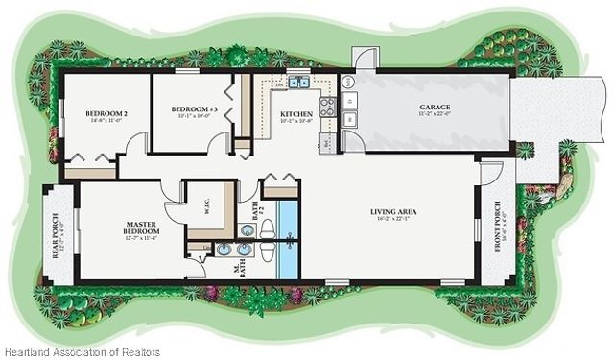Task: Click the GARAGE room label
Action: coord(435,107)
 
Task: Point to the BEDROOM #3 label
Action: coord(195,109)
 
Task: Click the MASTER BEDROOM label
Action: coord(141,228)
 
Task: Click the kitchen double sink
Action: coord(299,84)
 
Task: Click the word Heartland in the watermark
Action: coord(25,351)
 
